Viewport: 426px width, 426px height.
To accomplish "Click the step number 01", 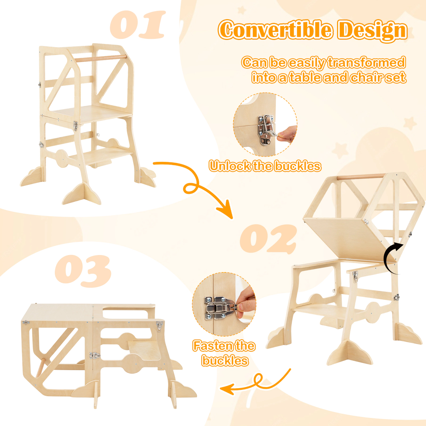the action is point(137,24).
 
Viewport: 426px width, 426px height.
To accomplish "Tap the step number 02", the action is point(268,239).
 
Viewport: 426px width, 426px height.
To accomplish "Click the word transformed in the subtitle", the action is point(366,63).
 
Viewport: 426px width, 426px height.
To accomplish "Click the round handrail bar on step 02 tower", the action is point(361,177).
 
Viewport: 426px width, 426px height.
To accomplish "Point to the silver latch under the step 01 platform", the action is point(76,126).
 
